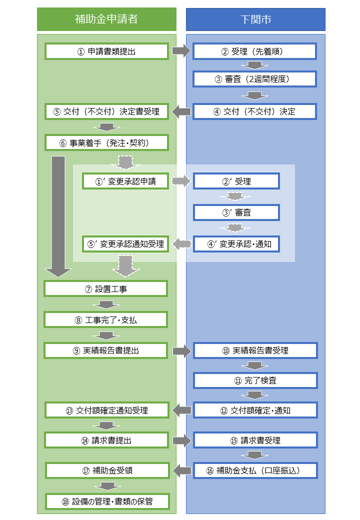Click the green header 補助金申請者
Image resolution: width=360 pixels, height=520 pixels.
pos(106,19)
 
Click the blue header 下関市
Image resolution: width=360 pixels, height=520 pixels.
pos(255,19)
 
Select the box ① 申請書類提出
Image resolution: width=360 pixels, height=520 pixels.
pos(106,51)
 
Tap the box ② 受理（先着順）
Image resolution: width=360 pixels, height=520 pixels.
pos(255,51)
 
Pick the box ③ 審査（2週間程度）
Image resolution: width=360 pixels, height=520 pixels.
pos(255,79)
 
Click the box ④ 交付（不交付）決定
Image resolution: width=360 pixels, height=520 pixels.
pos(255,111)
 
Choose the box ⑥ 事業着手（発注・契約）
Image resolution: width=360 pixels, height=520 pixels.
pos(106,142)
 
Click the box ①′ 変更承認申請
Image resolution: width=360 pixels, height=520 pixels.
pos(126,181)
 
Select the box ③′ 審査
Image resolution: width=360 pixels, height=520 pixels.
pos(236,212)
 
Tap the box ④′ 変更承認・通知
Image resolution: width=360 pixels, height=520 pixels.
pos(236,244)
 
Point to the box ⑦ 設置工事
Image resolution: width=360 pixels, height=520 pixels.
pos(106,288)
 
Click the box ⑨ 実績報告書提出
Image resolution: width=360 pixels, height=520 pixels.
pos(106,350)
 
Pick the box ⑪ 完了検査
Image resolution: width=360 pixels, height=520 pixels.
pos(255,380)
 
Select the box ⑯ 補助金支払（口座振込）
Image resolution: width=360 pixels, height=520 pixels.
pos(255,470)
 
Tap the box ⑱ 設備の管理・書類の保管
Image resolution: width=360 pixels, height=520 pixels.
pos(107,501)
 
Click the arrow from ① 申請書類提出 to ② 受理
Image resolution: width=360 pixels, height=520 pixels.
pos(181,51)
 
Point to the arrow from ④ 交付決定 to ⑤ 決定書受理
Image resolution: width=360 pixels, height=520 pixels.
pos(181,111)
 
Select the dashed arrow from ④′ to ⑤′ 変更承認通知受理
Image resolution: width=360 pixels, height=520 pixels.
pos(182,244)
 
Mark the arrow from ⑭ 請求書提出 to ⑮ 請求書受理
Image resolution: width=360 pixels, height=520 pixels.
pos(181,440)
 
